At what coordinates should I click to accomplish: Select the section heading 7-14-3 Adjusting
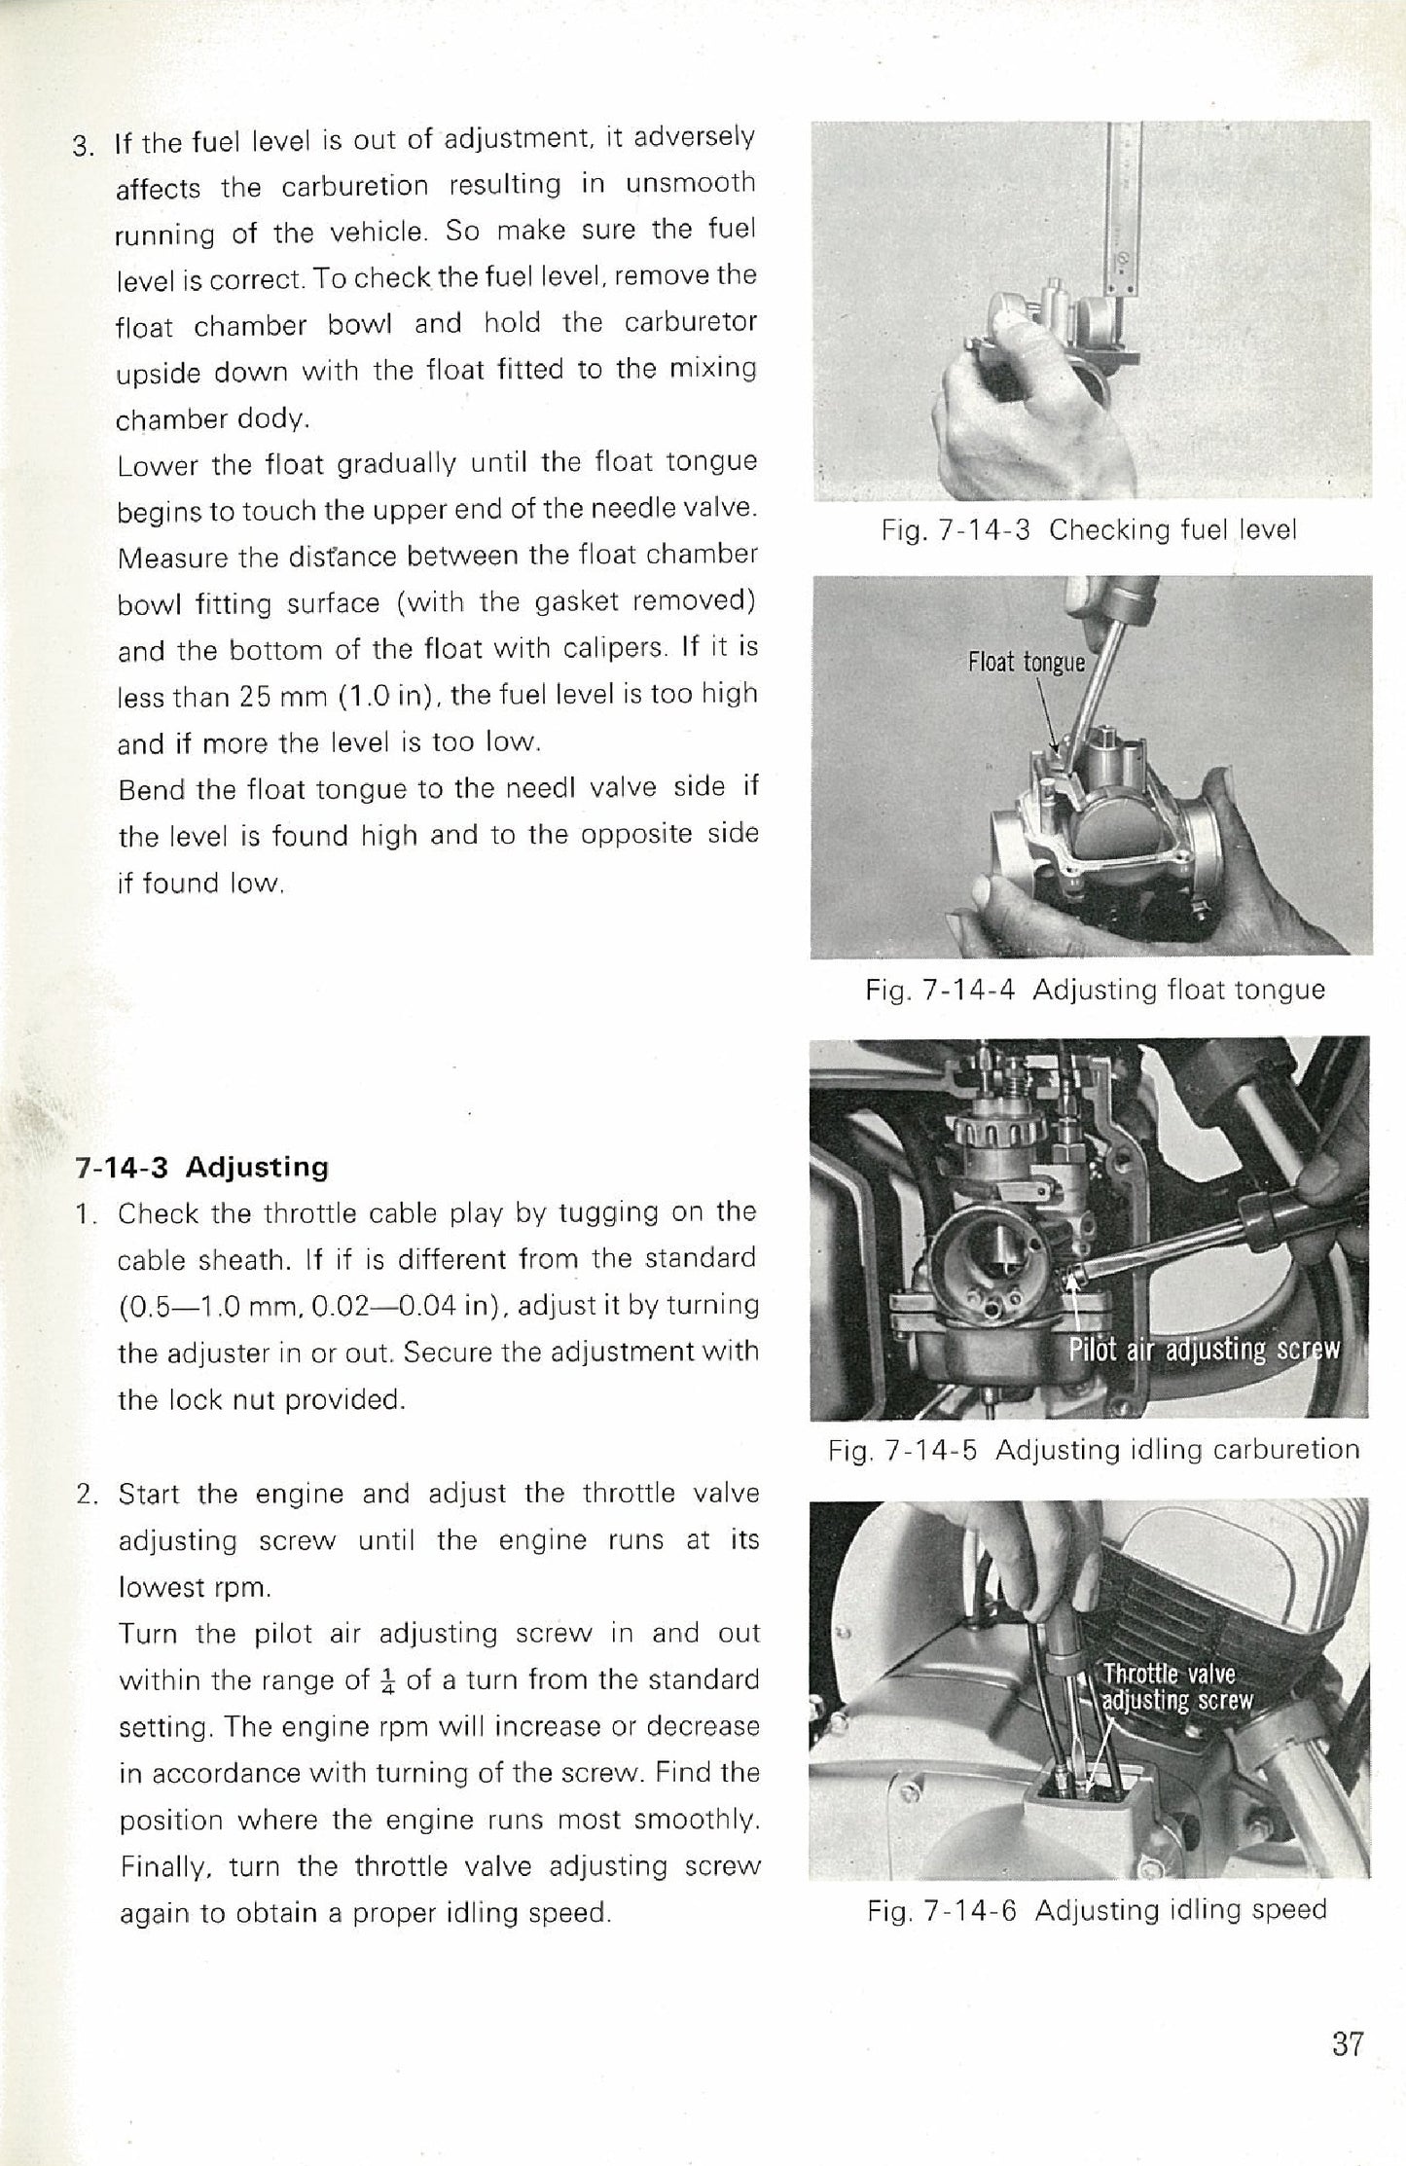[202, 1166]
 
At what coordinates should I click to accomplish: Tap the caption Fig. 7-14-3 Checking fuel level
[1089, 530]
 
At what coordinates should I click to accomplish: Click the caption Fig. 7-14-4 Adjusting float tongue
[1095, 991]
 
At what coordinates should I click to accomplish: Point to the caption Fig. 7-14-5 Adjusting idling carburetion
[1094, 1450]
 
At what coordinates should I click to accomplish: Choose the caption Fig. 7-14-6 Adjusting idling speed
[1097, 1910]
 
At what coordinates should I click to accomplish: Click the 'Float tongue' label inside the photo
[1026, 663]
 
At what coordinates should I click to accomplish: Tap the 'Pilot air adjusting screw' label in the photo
[1204, 1350]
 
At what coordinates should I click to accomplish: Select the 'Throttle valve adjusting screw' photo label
[1175, 1687]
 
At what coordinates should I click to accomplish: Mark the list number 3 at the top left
[84, 148]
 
